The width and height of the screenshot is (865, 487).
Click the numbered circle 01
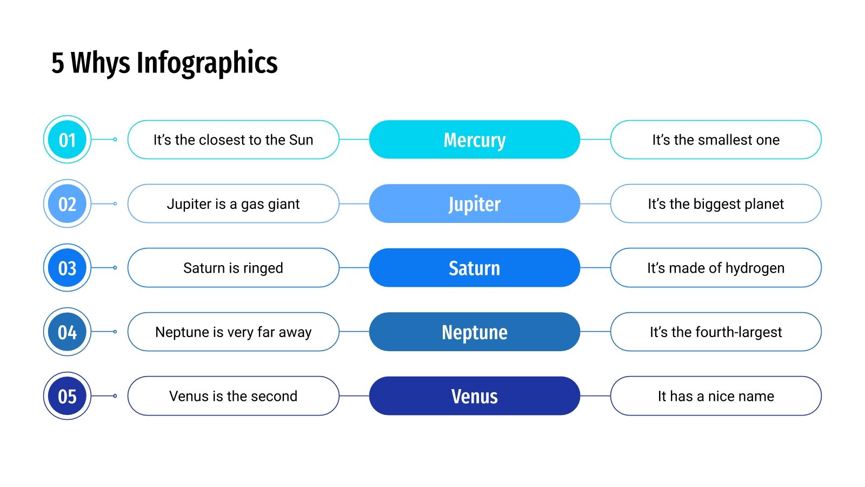(67, 140)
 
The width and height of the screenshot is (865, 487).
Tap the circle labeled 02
(67, 203)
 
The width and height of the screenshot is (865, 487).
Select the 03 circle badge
(67, 268)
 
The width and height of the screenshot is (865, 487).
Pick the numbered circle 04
(67, 332)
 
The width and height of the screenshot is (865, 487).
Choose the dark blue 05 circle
(67, 396)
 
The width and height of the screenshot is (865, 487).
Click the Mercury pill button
(474, 140)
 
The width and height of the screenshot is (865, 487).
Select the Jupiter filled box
(474, 203)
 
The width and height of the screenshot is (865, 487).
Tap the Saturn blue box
(474, 268)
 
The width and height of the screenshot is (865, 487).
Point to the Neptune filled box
(474, 332)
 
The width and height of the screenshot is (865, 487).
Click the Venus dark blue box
(474, 396)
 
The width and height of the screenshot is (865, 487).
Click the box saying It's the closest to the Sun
(233, 140)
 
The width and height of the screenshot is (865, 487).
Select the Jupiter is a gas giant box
(233, 203)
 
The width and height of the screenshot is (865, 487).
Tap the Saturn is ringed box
(233, 268)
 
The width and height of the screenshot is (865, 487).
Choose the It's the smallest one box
(715, 140)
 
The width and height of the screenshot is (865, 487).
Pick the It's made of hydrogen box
(715, 268)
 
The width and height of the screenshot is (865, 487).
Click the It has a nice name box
(715, 396)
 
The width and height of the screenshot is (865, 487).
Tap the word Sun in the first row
(301, 140)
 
